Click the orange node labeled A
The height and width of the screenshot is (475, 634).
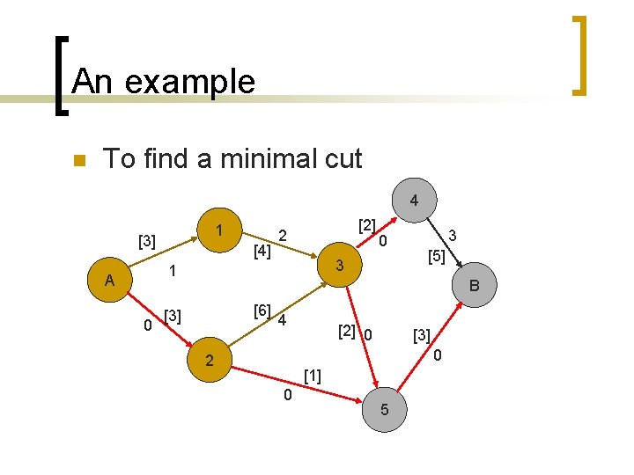[x=109, y=281]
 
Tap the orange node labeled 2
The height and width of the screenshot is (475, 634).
[x=209, y=360]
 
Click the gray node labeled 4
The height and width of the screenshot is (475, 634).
[x=414, y=201]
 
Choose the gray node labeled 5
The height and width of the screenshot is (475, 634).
[x=385, y=410]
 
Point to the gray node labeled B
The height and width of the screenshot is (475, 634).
[x=475, y=285]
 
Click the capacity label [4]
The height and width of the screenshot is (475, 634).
[x=262, y=252]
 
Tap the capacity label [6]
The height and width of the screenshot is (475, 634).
[x=262, y=310]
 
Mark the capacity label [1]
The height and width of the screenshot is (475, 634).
[x=312, y=376]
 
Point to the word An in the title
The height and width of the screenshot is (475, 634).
[x=92, y=82]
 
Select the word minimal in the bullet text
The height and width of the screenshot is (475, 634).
[x=270, y=158]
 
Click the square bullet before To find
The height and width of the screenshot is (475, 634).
[x=77, y=161]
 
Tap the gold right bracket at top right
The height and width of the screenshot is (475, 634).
[x=579, y=55]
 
